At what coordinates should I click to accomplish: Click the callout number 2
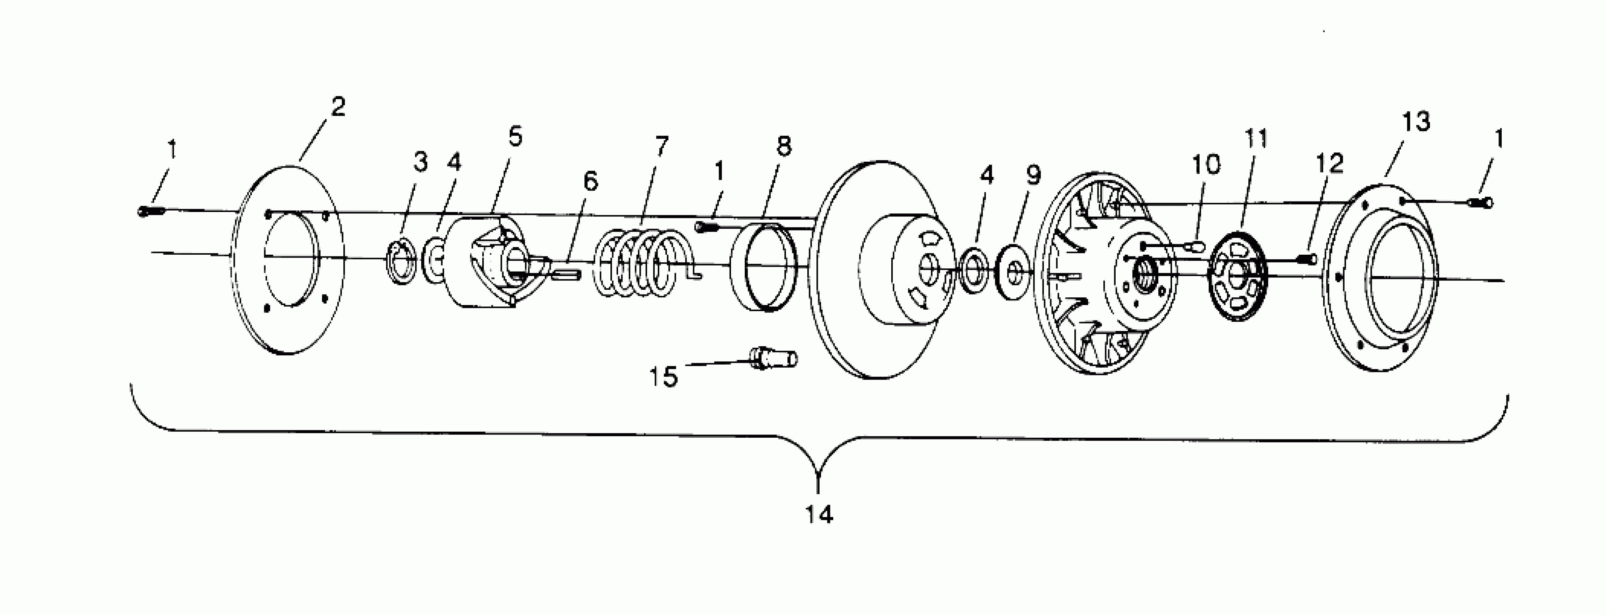pos(338,107)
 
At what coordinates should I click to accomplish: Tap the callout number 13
pos(1416,122)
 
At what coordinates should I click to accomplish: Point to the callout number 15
pos(663,377)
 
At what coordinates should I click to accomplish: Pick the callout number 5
pos(515,136)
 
